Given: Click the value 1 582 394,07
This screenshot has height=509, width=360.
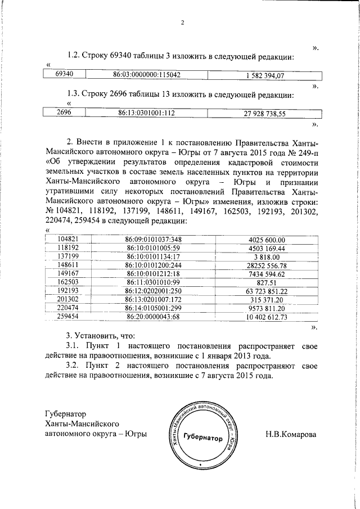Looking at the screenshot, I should click(264, 75).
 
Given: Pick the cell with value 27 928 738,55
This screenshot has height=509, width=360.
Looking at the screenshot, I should click(264, 113).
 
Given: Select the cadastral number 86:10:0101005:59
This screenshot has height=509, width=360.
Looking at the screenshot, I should click(152, 247).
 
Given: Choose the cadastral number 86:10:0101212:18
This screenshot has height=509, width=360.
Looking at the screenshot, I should click(152, 273).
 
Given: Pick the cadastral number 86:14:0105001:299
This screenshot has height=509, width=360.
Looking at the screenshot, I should click(152, 308).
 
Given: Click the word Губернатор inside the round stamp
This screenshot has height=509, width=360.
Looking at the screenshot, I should click(202, 438).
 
